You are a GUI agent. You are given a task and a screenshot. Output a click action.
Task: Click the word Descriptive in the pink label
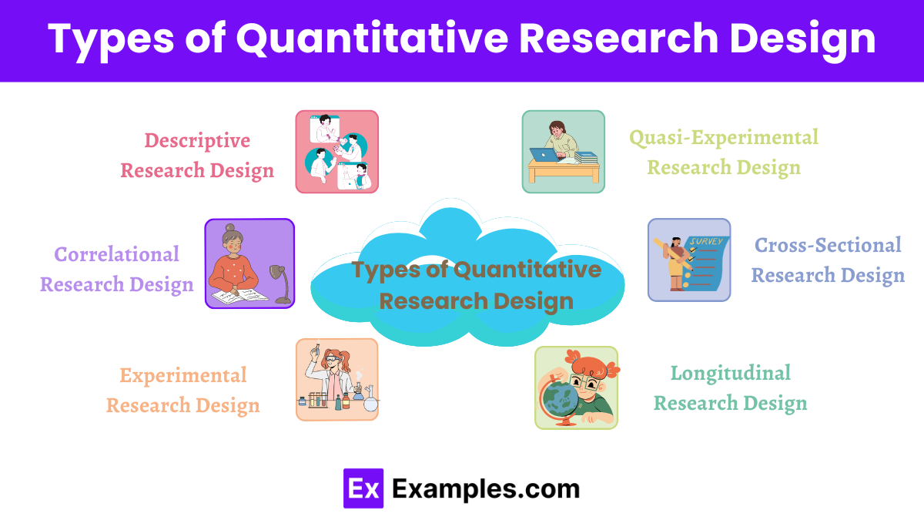197,141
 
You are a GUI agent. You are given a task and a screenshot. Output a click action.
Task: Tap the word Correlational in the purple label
116,254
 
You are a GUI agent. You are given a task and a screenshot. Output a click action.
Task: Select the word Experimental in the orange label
182,375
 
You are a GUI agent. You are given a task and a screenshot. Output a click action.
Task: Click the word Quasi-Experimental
724,138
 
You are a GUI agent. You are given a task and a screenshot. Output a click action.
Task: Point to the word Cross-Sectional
828,245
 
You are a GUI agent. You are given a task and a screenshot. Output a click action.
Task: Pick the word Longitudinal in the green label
730,373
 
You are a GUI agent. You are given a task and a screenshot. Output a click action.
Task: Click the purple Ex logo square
363,488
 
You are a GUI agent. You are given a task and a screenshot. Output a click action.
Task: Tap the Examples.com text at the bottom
485,488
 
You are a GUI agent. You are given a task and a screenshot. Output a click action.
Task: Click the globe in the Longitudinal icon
561,399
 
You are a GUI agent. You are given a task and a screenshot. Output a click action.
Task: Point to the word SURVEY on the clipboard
706,241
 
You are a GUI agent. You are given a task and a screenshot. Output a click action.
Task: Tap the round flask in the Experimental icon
370,401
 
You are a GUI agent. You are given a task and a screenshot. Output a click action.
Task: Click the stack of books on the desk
586,157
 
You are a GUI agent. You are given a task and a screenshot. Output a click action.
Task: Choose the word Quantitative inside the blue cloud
527,270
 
